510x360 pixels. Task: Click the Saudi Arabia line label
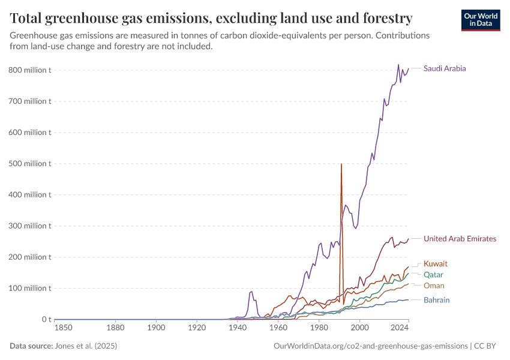pos(444,68)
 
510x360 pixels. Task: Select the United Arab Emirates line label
pos(460,239)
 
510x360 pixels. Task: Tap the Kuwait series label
pos(435,264)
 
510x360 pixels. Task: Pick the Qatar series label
pos(433,275)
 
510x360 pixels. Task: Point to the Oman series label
pos(434,286)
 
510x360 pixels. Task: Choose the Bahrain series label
pos(436,300)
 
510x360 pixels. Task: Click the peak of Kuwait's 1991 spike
pos(341,164)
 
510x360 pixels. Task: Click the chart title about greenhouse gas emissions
pos(211,19)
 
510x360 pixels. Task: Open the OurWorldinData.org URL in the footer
pos(370,346)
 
